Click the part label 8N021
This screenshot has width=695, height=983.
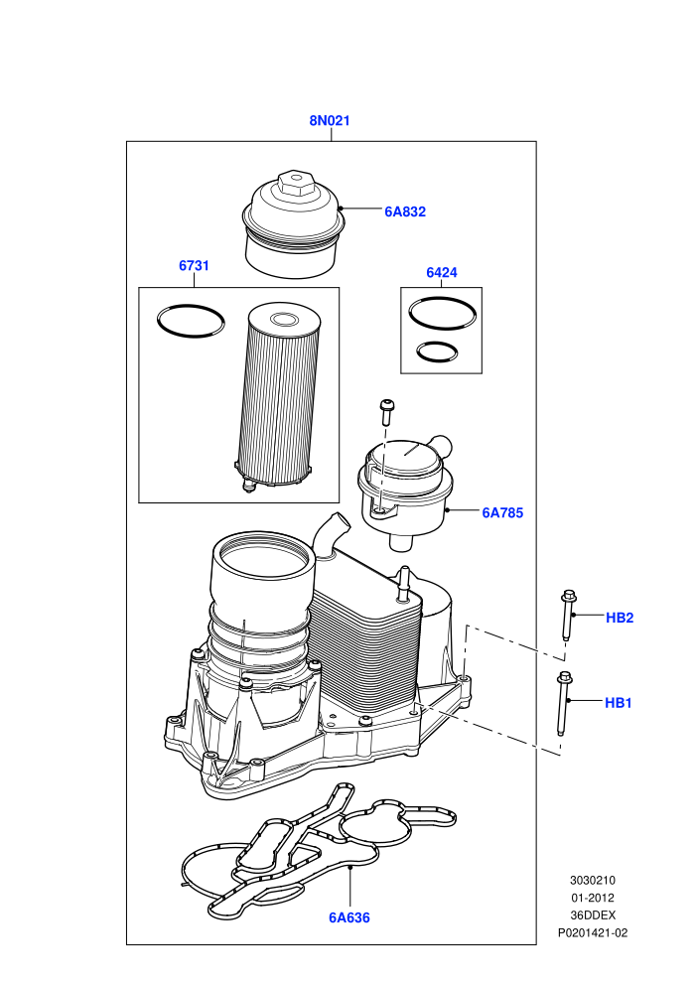click(x=330, y=120)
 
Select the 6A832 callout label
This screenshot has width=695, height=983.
click(x=405, y=211)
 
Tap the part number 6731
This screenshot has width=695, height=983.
click(x=195, y=266)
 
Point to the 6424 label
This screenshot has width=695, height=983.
click(x=442, y=273)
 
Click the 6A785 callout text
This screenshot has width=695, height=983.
click(x=502, y=512)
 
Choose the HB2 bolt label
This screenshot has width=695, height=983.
click(x=620, y=619)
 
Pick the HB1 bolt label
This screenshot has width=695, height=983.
click(x=619, y=703)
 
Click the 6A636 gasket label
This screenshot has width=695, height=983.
click(x=349, y=917)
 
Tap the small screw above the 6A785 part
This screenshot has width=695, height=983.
click(x=386, y=412)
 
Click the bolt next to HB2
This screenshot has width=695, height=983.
click(x=568, y=615)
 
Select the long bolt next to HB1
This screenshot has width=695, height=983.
click(x=563, y=703)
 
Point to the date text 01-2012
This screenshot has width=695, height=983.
click(x=593, y=898)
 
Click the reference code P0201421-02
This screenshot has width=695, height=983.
click(x=593, y=932)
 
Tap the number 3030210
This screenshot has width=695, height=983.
click(x=593, y=880)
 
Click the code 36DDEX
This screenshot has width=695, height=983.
click(x=593, y=915)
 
